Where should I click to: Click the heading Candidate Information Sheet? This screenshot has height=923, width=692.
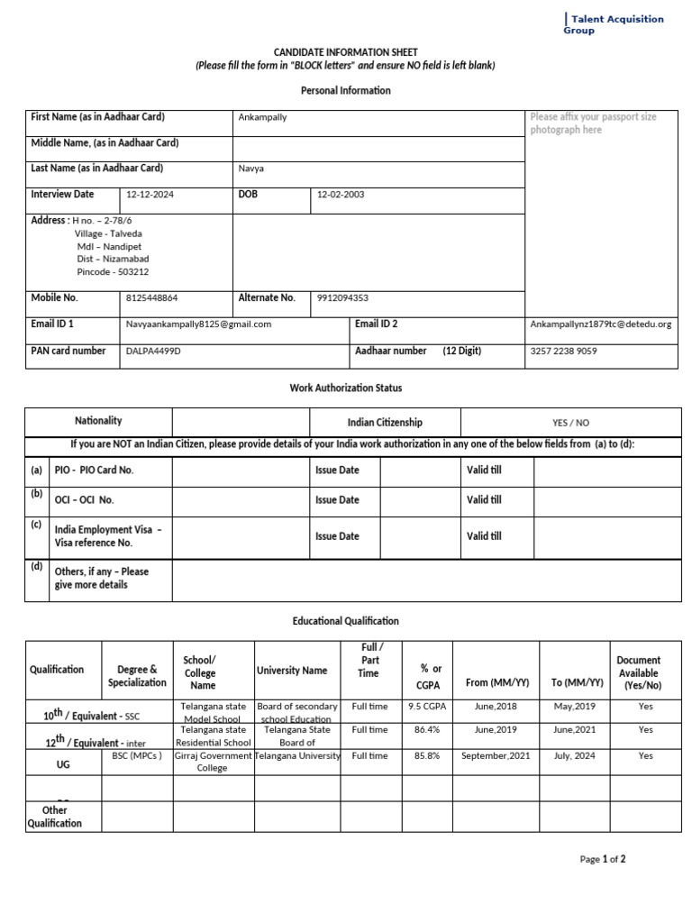(346, 53)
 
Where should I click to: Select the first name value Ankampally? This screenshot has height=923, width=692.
(262, 117)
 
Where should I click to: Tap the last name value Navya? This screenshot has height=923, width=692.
(250, 169)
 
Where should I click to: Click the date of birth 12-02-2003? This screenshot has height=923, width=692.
(341, 195)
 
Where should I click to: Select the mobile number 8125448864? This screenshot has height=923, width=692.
(152, 297)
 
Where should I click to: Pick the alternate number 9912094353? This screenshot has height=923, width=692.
(342, 297)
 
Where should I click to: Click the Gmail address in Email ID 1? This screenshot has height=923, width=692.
(198, 324)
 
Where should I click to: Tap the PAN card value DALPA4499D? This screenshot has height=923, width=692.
(153, 352)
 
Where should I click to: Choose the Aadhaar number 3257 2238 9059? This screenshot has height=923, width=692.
(563, 352)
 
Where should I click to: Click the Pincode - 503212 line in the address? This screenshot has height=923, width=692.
(113, 271)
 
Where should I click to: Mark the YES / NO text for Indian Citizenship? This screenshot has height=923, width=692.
(570, 423)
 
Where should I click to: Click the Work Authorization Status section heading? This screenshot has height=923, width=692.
(346, 388)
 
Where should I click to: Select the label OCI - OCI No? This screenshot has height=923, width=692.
(85, 500)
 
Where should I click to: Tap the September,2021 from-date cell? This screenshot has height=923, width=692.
(496, 756)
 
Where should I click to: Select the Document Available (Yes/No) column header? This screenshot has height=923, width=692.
(639, 672)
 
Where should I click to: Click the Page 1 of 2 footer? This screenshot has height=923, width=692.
(603, 859)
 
